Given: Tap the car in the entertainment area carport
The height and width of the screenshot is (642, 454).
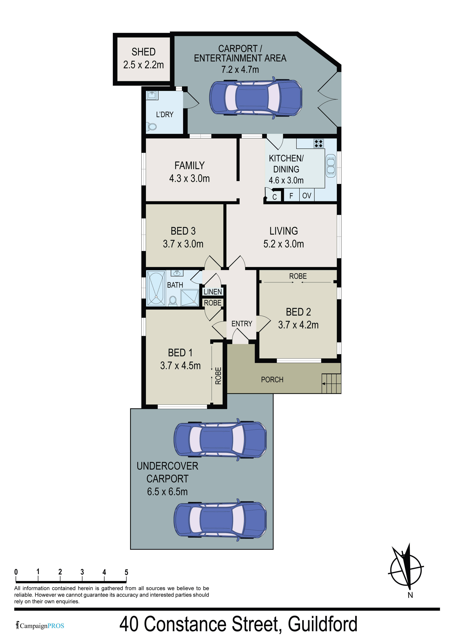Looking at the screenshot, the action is click(x=256, y=98).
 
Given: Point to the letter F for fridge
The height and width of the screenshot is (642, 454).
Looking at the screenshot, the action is click(x=291, y=196).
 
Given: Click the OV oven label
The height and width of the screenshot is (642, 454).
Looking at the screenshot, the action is click(x=307, y=196).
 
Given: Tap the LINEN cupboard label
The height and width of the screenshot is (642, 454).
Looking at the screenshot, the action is click(x=213, y=292).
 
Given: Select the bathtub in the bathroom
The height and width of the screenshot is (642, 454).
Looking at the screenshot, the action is click(x=156, y=288).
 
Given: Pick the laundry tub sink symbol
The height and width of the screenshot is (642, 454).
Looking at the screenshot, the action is click(x=152, y=95).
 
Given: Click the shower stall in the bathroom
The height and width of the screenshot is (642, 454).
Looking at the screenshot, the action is click(x=190, y=298).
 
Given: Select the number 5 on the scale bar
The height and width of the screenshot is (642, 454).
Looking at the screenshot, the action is click(x=126, y=572).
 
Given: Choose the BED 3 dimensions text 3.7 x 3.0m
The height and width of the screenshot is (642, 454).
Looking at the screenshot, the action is click(x=183, y=244).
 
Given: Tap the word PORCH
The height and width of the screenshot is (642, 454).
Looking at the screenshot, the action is click(x=272, y=380).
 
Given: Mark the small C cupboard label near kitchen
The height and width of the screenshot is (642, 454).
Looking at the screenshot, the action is click(x=274, y=197).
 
